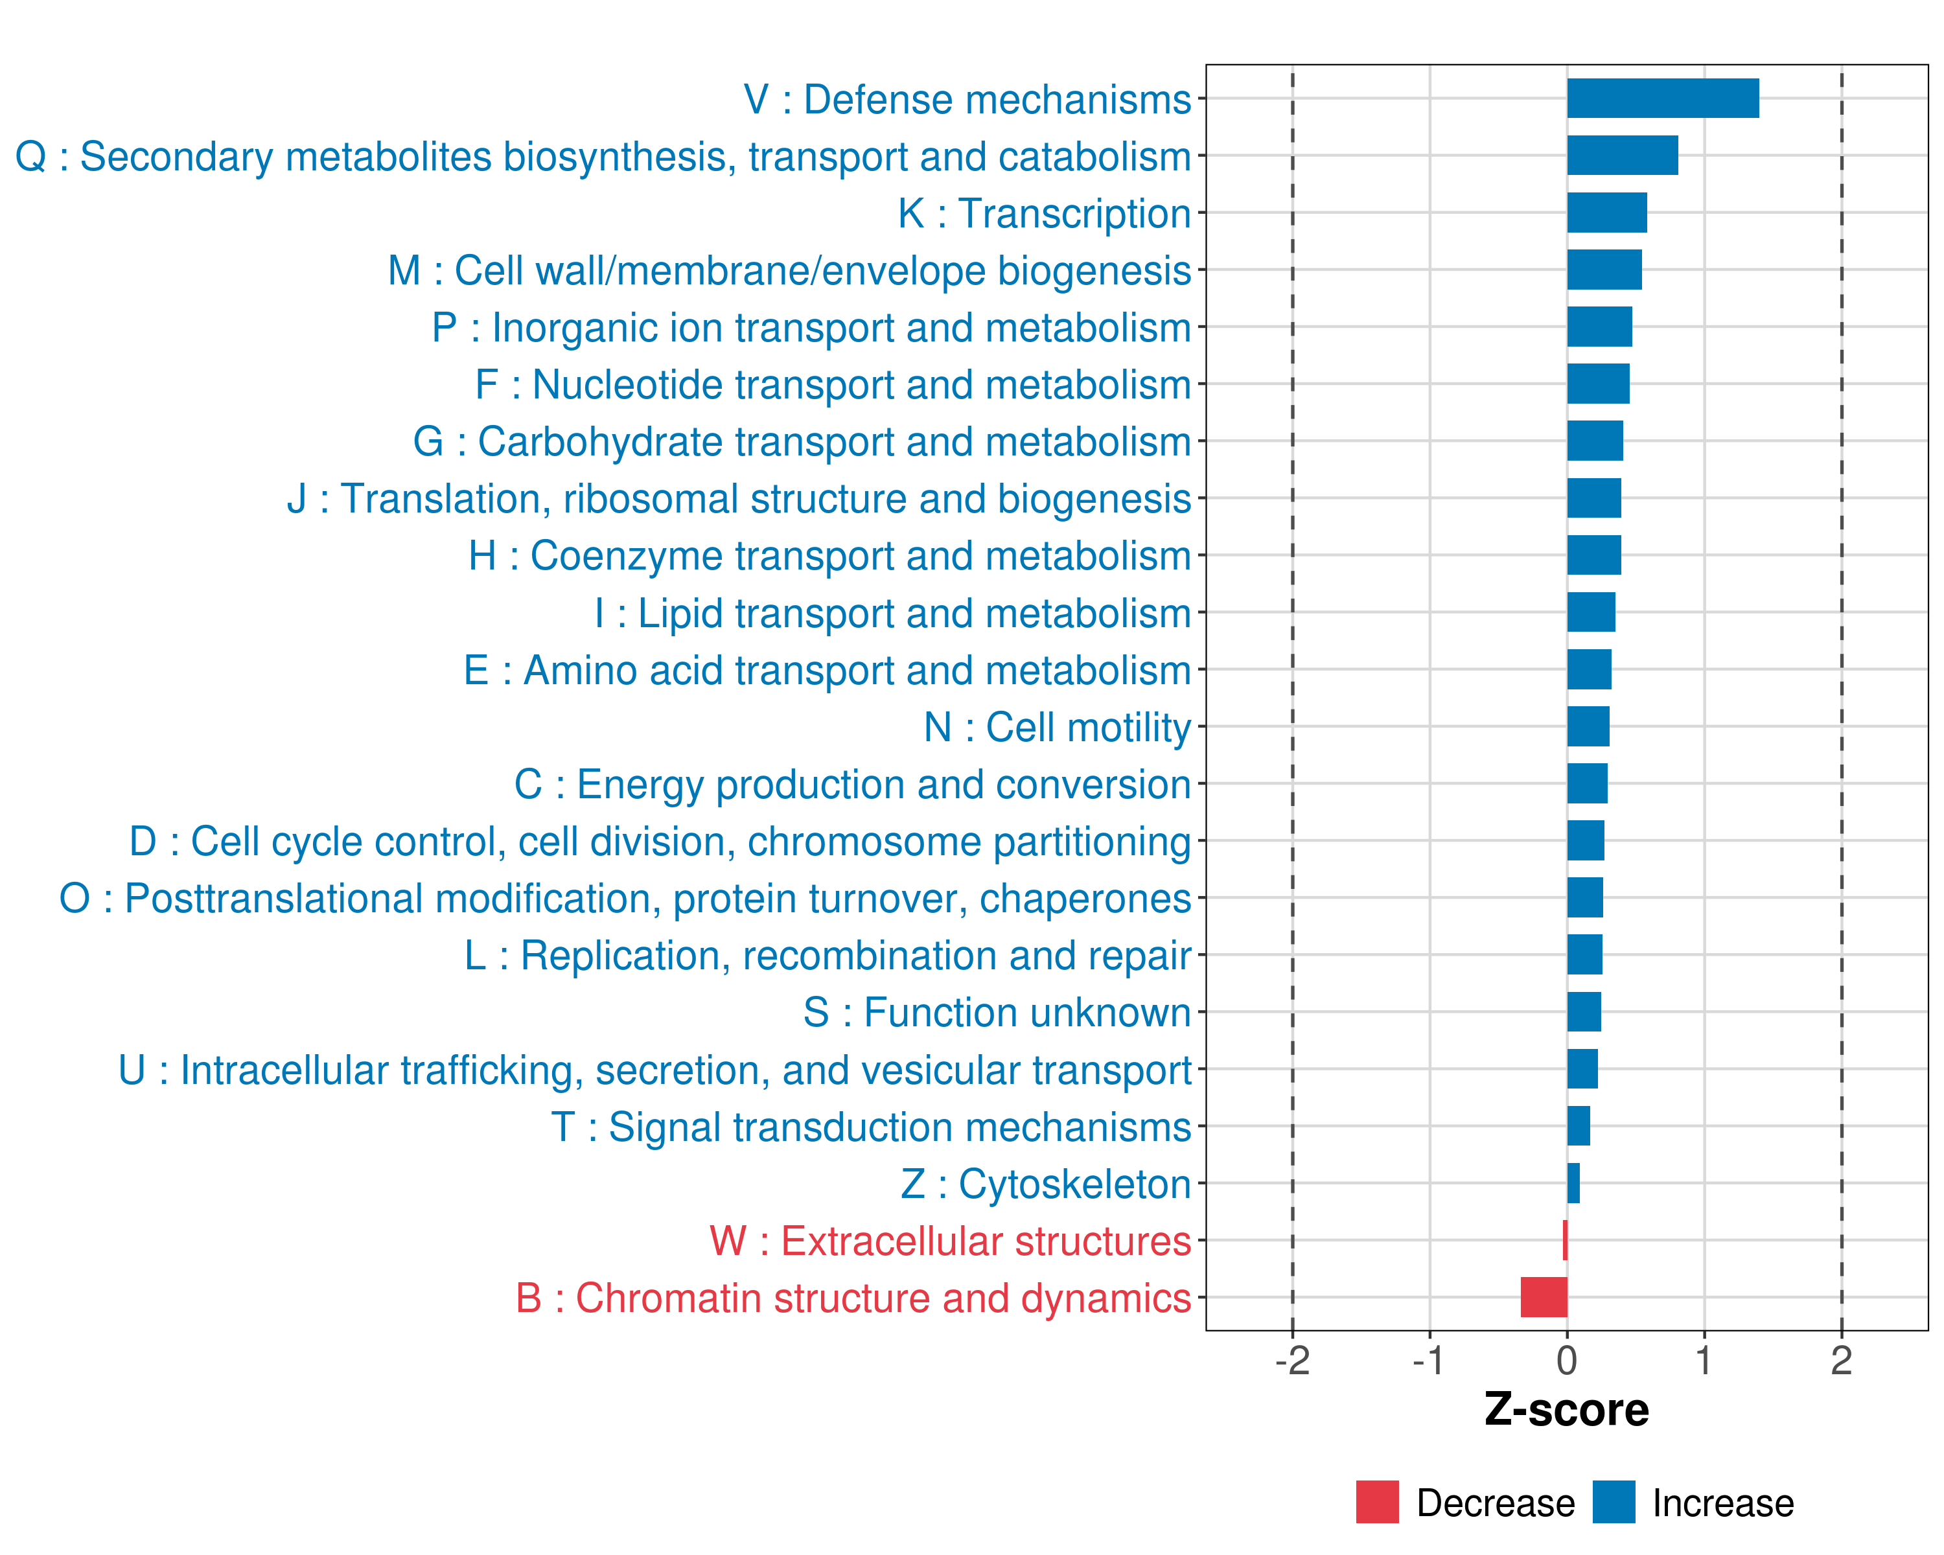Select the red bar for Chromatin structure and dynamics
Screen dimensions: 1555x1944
click(x=1544, y=1297)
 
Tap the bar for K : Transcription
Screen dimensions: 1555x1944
click(x=1607, y=213)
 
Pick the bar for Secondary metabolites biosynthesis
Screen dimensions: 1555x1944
click(x=1622, y=155)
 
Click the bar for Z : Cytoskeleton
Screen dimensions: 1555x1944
click(x=1573, y=1182)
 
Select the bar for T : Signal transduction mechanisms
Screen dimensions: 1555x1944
click(x=1578, y=1126)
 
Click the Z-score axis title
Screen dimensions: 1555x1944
click(x=1566, y=1410)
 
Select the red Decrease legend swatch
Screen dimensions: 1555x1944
click(x=1377, y=1502)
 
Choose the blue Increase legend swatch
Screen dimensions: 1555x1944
click(x=1613, y=1502)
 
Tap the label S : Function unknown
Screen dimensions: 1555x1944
click(x=997, y=1012)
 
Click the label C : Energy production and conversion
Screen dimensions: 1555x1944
click(x=852, y=784)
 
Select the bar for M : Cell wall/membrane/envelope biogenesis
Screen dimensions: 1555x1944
click(x=1604, y=270)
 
